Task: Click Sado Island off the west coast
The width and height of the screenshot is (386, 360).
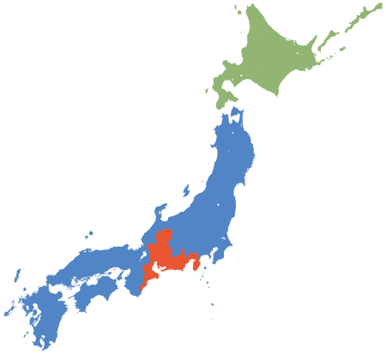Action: click(x=188, y=187)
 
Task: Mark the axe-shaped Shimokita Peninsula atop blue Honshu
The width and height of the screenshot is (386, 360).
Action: click(x=237, y=115)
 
